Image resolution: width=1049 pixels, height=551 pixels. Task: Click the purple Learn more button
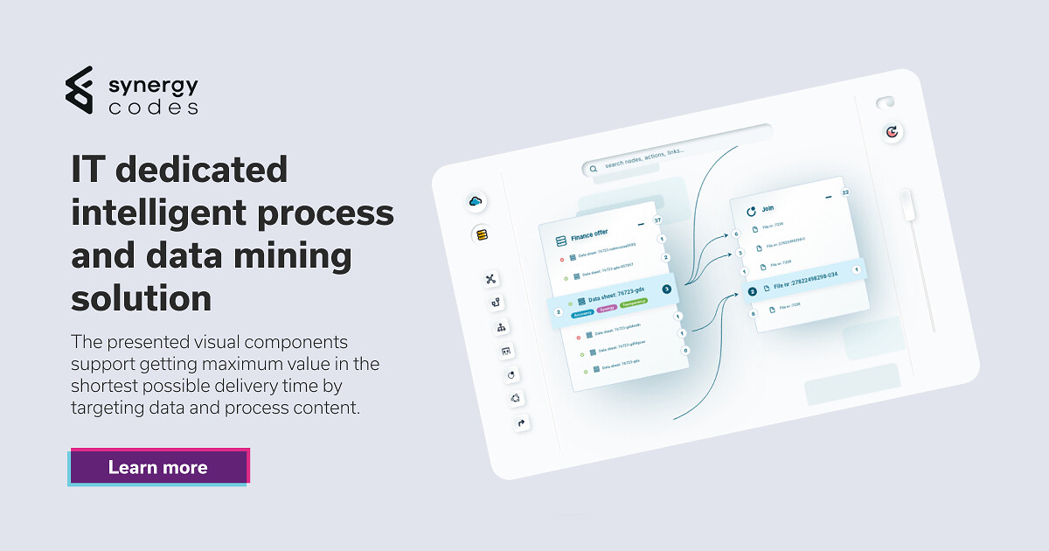click(x=158, y=467)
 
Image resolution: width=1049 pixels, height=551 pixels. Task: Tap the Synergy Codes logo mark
click(x=79, y=89)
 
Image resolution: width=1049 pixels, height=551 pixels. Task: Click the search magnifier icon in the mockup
click(x=594, y=167)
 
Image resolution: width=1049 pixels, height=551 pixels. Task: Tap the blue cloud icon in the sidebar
click(x=476, y=202)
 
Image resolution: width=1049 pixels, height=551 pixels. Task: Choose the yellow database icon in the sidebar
click(x=481, y=234)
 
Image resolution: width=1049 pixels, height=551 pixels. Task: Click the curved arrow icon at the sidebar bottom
click(x=523, y=423)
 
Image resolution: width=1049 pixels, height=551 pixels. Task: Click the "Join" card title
click(x=768, y=209)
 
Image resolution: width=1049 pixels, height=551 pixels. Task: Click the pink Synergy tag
click(x=607, y=308)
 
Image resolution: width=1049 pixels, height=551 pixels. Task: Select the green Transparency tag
click(x=634, y=302)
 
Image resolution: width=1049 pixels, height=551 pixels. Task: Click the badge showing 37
click(x=657, y=220)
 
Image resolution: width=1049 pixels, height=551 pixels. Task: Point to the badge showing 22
click(x=845, y=192)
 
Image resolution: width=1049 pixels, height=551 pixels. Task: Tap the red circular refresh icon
click(x=892, y=132)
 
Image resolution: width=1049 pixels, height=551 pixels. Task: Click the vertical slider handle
click(x=907, y=206)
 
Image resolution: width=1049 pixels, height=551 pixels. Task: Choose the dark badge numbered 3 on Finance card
click(x=666, y=289)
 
